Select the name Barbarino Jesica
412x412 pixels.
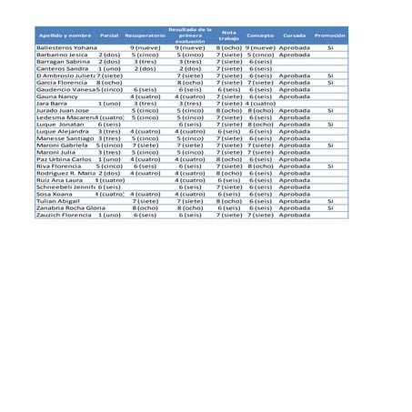point(62,55)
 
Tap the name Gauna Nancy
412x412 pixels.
point(57,96)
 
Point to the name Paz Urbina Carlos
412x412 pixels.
point(64,159)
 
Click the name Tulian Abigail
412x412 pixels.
point(56,201)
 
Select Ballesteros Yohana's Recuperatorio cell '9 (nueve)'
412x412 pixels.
point(146,46)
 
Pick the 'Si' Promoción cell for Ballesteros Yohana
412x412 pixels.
point(329,46)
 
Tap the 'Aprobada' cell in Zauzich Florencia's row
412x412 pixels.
point(294,216)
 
